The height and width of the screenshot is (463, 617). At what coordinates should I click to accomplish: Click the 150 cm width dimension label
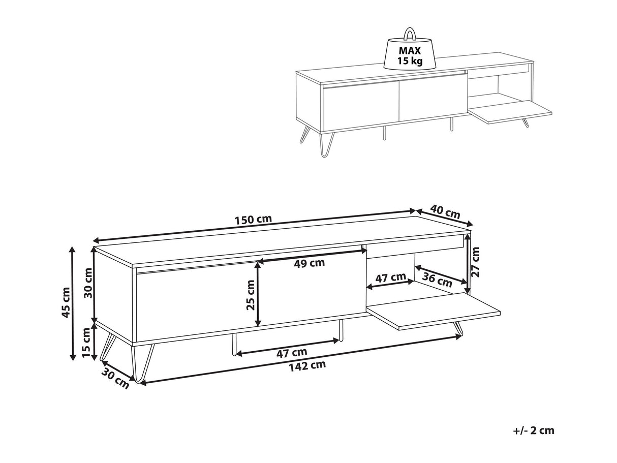[x=253, y=220]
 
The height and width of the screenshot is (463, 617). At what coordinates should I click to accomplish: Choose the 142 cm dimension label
[x=307, y=365]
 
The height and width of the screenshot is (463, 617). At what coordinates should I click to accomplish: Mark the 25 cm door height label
[x=251, y=296]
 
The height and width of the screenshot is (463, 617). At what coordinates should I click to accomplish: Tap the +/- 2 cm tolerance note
[x=534, y=430]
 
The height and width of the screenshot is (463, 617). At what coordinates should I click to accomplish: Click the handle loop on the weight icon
[x=410, y=34]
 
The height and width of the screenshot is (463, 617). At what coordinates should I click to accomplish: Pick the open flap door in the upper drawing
[x=510, y=112]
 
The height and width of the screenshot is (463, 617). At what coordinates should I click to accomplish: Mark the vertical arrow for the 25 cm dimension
[x=259, y=293]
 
